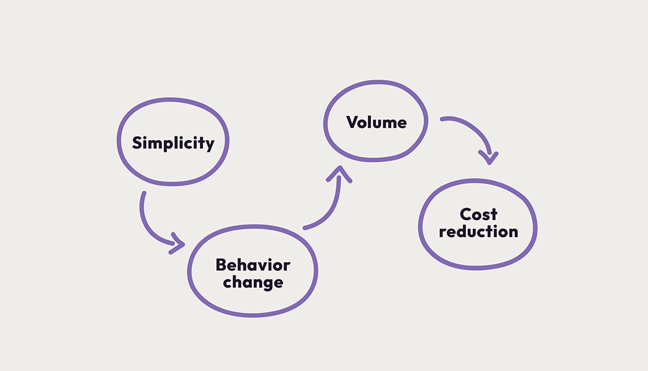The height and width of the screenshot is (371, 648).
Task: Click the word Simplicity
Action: coord(173,143)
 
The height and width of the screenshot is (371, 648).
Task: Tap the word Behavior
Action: coord(253,265)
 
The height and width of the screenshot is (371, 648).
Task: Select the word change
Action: coord(253,283)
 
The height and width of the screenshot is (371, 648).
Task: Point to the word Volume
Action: coord(377,122)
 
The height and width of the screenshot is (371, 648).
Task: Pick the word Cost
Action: coord(478,214)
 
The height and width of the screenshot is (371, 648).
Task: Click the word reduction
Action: coord(478,231)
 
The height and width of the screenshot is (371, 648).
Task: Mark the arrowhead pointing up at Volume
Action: coord(339,173)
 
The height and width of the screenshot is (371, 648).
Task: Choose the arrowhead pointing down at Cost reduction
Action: coord(489,159)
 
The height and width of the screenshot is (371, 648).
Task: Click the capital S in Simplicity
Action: coord(137,143)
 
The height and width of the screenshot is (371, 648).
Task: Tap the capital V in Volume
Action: coord(353,122)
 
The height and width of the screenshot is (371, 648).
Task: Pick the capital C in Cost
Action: coord(466,214)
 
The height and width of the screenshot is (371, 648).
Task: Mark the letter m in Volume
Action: coord(388,124)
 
